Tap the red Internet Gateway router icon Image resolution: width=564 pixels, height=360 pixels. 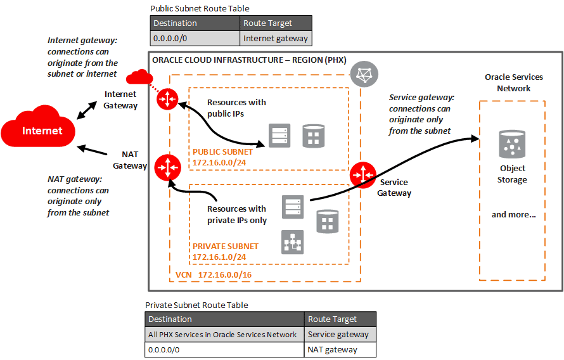[168, 99]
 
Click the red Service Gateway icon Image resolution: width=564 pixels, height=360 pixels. [363, 175]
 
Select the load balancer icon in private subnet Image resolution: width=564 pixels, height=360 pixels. [292, 241]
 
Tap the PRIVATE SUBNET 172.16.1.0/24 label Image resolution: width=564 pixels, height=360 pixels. [225, 252]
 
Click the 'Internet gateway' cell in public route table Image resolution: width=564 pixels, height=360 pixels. [276, 39]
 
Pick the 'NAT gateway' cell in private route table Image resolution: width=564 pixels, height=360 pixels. [332, 349]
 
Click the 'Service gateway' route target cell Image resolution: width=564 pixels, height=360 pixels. [338, 334]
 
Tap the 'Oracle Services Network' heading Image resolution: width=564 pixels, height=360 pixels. [513, 82]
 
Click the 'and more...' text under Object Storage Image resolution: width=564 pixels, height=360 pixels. [513, 214]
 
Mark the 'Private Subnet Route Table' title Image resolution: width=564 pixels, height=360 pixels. [196, 305]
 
